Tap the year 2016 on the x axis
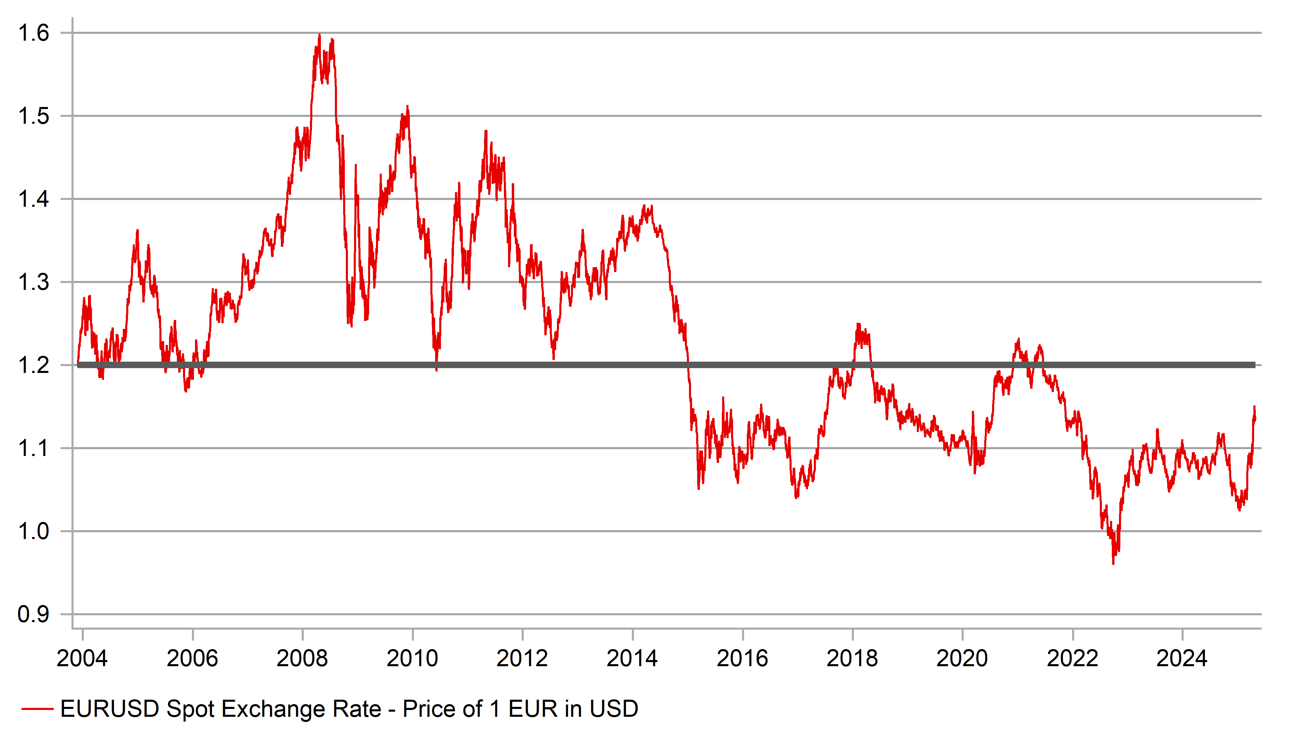tap(742, 658)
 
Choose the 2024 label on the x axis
tap(1182, 658)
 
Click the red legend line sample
tap(37, 709)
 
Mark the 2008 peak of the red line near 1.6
tap(320, 35)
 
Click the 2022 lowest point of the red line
tap(1114, 563)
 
